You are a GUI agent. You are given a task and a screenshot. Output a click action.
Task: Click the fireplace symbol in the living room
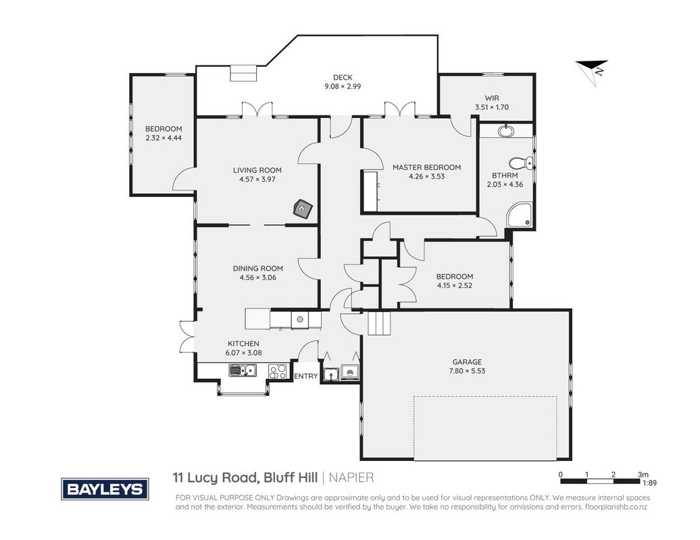pyautogui.click(x=303, y=209)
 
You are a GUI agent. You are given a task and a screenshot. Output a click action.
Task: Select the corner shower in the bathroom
pyautogui.click(x=520, y=215)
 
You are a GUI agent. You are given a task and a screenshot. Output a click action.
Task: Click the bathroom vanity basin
pyautogui.click(x=506, y=131)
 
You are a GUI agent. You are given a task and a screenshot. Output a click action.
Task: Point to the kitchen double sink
pyautogui.click(x=243, y=370)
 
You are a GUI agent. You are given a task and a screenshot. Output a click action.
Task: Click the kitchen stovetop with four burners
pyautogui.click(x=277, y=371)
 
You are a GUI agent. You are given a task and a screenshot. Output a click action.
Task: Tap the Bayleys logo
pyautogui.click(x=105, y=489)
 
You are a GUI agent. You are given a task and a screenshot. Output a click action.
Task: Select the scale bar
pyautogui.click(x=600, y=481)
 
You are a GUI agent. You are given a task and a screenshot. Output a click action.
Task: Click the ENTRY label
pyautogui.click(x=306, y=377)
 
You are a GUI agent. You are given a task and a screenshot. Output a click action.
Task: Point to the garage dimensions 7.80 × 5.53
pyautogui.click(x=467, y=371)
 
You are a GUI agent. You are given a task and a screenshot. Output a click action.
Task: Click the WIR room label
pyautogui.click(x=492, y=98)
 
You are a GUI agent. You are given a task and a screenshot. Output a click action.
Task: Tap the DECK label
pyautogui.click(x=343, y=78)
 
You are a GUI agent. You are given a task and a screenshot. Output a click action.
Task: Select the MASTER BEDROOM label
pyautogui.click(x=427, y=167)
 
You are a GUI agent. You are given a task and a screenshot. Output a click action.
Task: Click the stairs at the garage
pyautogui.click(x=379, y=323)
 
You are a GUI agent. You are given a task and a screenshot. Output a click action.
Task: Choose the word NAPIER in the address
pyautogui.click(x=351, y=478)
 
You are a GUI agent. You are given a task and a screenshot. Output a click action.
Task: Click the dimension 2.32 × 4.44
pyautogui.click(x=164, y=138)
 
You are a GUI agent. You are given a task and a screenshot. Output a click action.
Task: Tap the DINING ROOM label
pyautogui.click(x=257, y=269)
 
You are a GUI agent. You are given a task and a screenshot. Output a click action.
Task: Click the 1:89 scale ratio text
pyautogui.click(x=649, y=483)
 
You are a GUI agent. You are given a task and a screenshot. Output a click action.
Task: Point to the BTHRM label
pyautogui.click(x=505, y=175)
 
